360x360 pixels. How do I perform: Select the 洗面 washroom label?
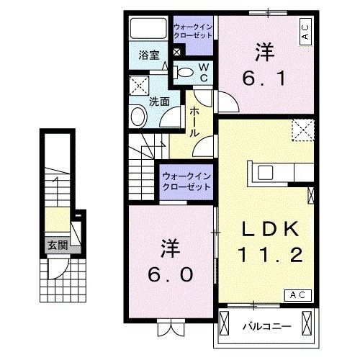[159, 102]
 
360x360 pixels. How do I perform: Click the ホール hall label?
[195, 121]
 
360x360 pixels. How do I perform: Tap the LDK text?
[269, 229]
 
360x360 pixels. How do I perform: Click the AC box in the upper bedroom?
[305, 32]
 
